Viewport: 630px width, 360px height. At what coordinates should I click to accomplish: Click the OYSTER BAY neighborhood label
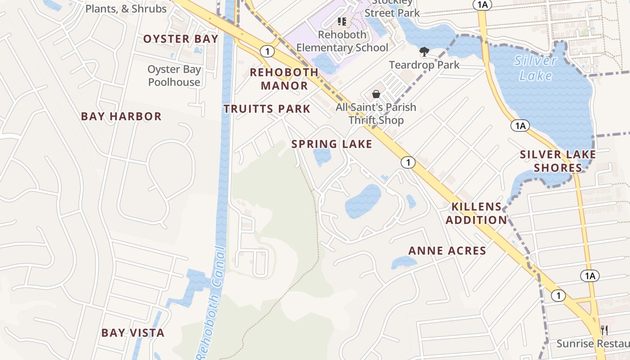(x=180, y=39)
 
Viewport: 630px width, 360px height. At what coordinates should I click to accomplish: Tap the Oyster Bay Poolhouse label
(x=174, y=76)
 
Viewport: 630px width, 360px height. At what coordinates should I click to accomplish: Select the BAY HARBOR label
(x=121, y=116)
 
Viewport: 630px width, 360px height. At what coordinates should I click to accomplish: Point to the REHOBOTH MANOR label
(x=284, y=79)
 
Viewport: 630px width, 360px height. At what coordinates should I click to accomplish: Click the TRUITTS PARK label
(x=267, y=108)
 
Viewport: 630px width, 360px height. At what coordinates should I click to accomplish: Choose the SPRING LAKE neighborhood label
(x=332, y=144)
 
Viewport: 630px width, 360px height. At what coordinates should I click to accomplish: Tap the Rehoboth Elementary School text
(x=342, y=41)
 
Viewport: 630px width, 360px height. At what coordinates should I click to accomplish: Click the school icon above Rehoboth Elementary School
(x=342, y=21)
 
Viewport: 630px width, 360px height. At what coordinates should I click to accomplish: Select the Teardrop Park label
(x=424, y=65)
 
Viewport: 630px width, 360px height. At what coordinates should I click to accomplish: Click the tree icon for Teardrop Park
(x=424, y=52)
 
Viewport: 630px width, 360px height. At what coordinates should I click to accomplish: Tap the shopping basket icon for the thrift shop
(x=376, y=94)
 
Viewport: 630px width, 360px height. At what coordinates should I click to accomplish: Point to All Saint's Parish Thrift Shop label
(x=376, y=114)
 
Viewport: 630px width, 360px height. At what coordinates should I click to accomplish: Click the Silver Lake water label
(x=535, y=67)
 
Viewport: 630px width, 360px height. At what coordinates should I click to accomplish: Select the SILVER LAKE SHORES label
(x=558, y=161)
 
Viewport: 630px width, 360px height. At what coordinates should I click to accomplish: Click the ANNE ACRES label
(x=447, y=251)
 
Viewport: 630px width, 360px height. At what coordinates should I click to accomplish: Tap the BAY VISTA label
(x=133, y=333)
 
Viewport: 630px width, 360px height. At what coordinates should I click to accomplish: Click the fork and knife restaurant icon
(x=604, y=330)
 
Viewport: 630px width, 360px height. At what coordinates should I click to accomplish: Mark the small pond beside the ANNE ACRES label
(x=403, y=262)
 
